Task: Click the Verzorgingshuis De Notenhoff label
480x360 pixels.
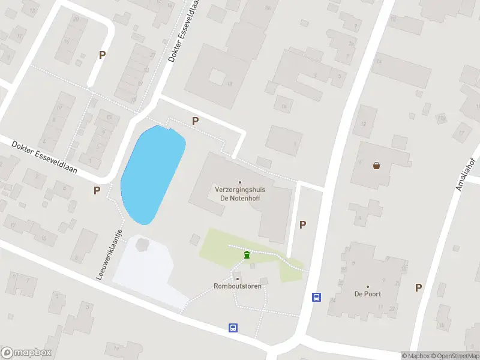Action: [240, 193]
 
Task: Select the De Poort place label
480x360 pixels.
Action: [368, 294]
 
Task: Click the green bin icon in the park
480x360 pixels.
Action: [247, 256]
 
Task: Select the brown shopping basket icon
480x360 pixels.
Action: [376, 166]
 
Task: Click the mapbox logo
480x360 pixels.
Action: [26, 353]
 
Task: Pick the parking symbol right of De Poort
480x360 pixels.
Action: [418, 287]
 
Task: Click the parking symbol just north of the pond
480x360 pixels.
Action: [195, 121]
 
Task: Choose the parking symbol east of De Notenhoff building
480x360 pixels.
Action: [303, 224]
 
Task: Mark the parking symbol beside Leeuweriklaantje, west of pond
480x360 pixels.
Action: [97, 191]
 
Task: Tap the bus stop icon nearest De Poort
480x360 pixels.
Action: [316, 297]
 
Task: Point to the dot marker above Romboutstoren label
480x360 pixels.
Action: [238, 279]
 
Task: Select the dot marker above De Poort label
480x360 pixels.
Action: [368, 287]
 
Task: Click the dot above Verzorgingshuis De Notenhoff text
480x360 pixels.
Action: [240, 182]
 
